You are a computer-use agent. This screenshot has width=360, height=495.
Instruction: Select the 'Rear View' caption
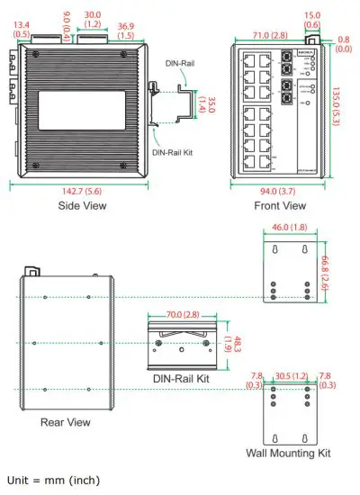65,419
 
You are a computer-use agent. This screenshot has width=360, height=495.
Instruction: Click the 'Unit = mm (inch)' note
53,479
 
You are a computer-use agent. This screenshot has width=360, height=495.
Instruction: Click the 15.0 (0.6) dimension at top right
312,20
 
